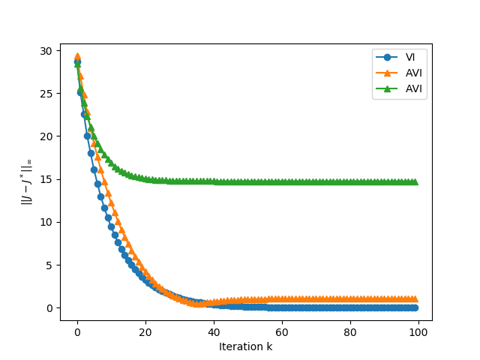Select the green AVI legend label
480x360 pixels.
click(414, 89)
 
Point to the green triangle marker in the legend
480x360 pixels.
click(388, 88)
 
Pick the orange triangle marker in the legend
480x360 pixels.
click(388, 73)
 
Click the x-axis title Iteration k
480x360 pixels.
click(246, 346)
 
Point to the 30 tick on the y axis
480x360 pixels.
click(46, 51)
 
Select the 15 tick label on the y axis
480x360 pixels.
click(46, 179)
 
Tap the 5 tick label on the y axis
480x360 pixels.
click(49, 265)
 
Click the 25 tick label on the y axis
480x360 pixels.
click(46, 94)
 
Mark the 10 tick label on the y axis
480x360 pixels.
click(46, 222)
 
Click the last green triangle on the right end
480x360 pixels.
click(415, 181)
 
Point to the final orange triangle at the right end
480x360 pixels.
click(415, 298)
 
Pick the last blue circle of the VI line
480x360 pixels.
click(415, 307)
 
